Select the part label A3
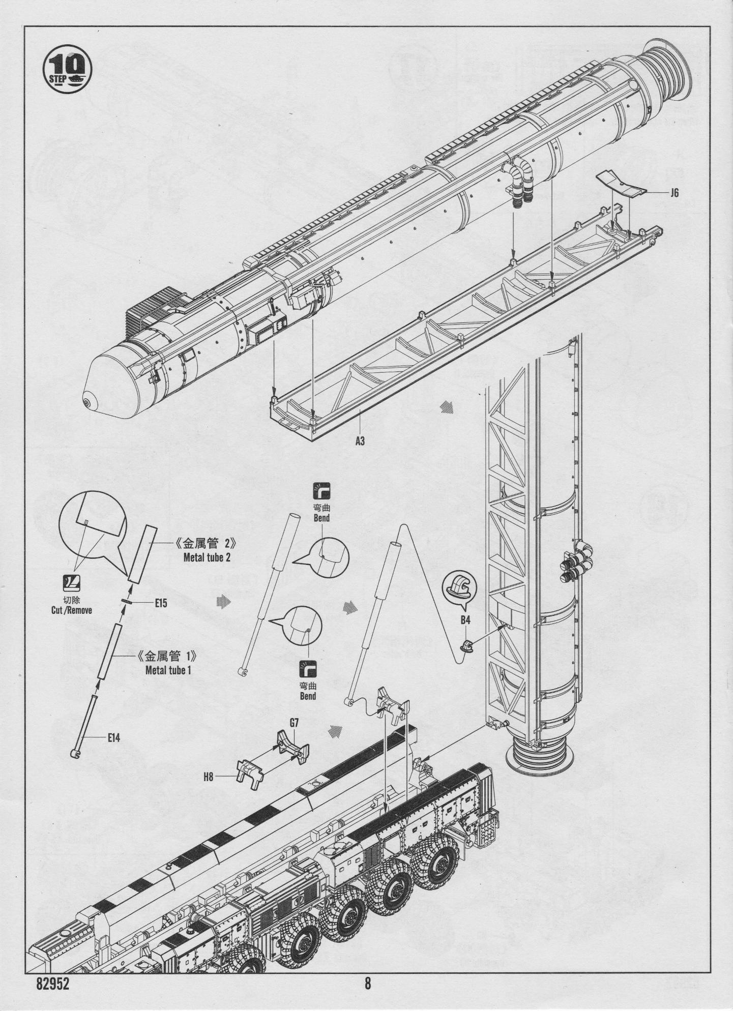(360, 441)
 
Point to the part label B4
(465, 620)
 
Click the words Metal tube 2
(207, 557)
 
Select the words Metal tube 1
(168, 670)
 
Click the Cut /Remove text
(72, 610)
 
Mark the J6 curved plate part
(620, 183)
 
